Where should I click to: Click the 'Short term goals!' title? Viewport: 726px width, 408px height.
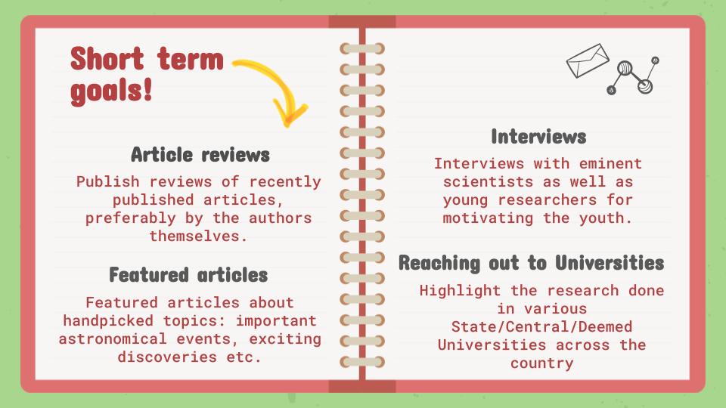click(147, 74)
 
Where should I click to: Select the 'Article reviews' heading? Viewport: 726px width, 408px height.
click(200, 154)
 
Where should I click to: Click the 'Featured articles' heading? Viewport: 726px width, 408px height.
click(188, 275)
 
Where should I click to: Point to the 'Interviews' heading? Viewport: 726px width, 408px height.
click(538, 137)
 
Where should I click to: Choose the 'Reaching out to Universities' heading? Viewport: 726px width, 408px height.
click(532, 263)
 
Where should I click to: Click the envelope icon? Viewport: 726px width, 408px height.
click(588, 60)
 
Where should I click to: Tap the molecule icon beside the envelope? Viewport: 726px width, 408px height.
click(634, 76)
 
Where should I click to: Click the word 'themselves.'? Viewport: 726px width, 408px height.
click(198, 236)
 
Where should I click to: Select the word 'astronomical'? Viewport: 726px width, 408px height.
click(113, 338)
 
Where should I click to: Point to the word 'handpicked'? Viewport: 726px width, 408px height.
click(108, 320)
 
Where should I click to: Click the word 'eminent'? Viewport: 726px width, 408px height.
click(610, 163)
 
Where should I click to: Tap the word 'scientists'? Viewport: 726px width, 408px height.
click(488, 182)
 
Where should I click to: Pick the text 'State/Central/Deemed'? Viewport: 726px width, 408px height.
click(541, 326)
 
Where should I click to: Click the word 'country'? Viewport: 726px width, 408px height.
click(541, 363)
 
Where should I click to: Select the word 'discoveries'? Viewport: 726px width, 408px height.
click(166, 357)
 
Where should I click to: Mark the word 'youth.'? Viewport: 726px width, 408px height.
click(606, 218)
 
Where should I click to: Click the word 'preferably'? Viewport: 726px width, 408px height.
click(130, 218)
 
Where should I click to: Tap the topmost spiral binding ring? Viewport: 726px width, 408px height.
click(362, 48)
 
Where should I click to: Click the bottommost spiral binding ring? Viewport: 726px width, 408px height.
click(362, 362)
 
